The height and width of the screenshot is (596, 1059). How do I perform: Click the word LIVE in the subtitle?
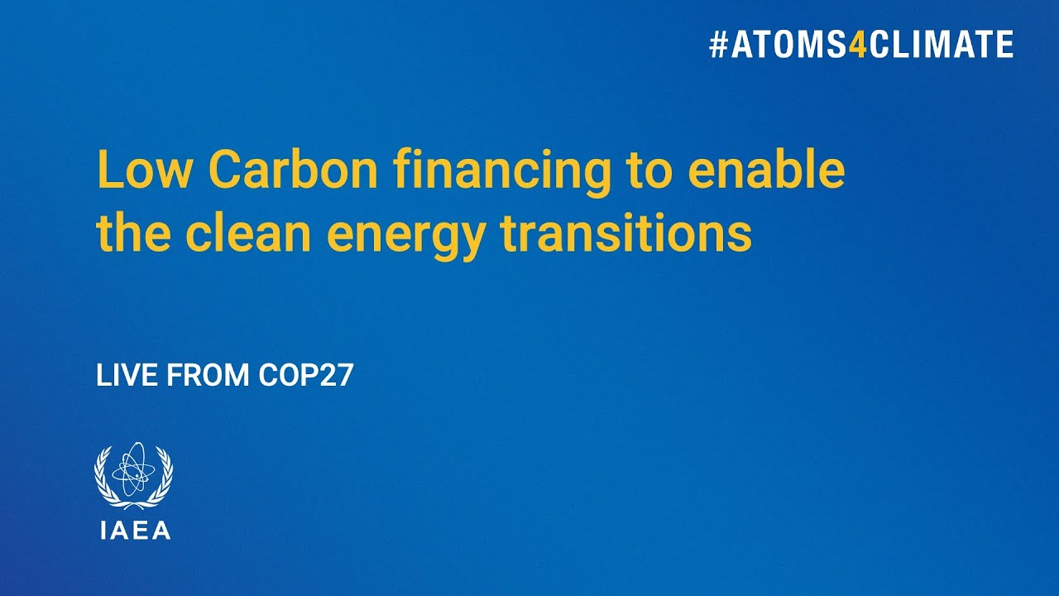click(x=128, y=376)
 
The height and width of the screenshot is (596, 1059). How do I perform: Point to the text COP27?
click(x=306, y=376)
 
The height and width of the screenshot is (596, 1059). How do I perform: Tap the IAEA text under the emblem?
click(x=134, y=531)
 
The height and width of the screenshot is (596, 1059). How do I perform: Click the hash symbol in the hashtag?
click(x=717, y=45)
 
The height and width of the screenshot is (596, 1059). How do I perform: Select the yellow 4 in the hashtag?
click(x=858, y=45)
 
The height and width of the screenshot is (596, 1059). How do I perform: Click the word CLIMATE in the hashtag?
click(x=941, y=45)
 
